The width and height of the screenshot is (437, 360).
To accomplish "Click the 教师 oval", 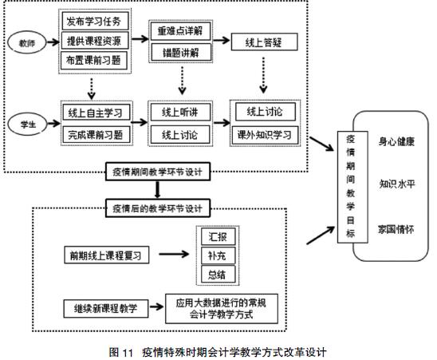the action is [27, 42].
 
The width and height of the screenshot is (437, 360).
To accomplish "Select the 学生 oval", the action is [27, 125].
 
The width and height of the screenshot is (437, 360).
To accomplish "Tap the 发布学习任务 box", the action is [95, 21].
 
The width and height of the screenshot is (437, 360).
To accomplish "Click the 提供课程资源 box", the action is [95, 41].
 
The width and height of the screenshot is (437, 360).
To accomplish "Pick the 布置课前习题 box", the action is [94, 61].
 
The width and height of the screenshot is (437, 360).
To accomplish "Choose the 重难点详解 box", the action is [180, 30].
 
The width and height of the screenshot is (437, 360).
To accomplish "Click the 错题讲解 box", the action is [180, 52].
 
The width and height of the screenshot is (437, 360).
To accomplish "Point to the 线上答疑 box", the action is [264, 42].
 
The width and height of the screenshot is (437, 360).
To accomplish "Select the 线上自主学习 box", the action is [96, 113].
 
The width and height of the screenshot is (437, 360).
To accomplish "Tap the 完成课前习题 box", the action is [96, 135].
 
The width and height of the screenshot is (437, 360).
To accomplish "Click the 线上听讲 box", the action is [180, 112].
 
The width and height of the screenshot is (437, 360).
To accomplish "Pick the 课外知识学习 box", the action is [265, 135].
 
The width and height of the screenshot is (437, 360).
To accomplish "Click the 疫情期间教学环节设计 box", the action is [158, 172].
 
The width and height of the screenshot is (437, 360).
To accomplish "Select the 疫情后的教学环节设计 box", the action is [158, 208].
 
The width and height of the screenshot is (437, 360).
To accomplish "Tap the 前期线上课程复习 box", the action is [107, 255].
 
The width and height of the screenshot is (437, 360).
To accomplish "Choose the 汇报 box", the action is [218, 236].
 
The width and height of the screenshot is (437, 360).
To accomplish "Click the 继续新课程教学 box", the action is [106, 309].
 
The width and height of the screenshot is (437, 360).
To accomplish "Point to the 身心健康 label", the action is [396, 141].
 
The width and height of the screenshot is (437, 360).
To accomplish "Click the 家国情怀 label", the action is [396, 229].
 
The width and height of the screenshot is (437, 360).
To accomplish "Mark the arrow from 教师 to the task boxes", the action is [53, 42].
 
